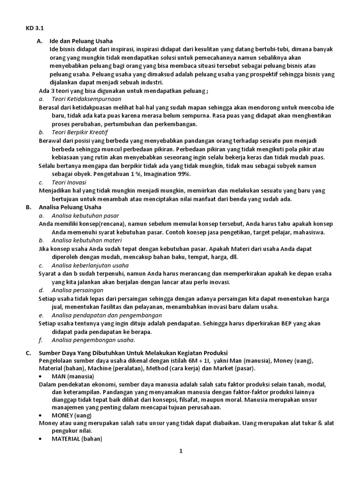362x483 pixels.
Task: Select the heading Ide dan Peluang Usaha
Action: click(81, 41)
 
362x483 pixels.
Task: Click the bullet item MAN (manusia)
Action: click(73, 376)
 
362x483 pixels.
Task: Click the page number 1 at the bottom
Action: click(181, 451)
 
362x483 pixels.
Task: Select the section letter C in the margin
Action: click(28, 352)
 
